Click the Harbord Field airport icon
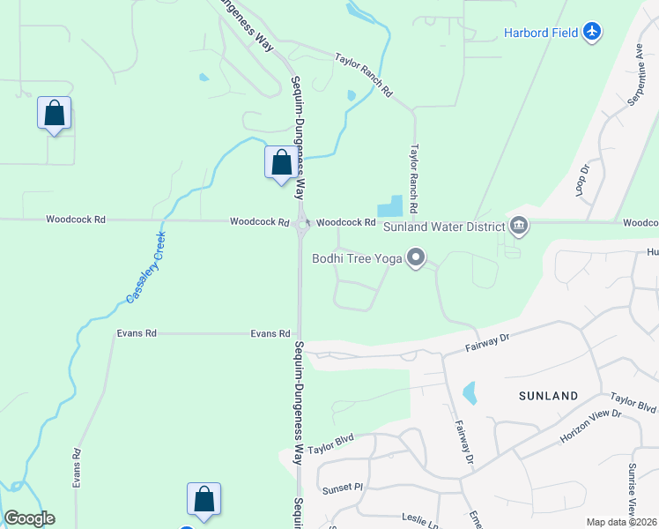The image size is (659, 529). [592, 33]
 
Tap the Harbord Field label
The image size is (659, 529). [541, 34]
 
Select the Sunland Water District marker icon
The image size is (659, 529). [519, 227]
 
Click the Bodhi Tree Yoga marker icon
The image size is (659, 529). [416, 258]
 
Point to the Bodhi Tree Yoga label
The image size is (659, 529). [356, 258]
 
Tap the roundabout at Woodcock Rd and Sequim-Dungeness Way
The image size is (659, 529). [302, 224]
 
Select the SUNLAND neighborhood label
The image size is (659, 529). [549, 396]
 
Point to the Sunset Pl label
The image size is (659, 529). [343, 487]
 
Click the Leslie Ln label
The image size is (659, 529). [421, 520]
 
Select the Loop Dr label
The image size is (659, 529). [582, 180]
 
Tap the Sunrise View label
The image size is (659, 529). [632, 488]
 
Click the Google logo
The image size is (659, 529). [29, 518]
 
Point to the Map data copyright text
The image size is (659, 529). [621, 522]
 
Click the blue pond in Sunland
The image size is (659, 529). [469, 392]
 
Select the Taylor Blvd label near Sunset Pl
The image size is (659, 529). [330, 442]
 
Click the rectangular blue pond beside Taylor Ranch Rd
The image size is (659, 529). [390, 207]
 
